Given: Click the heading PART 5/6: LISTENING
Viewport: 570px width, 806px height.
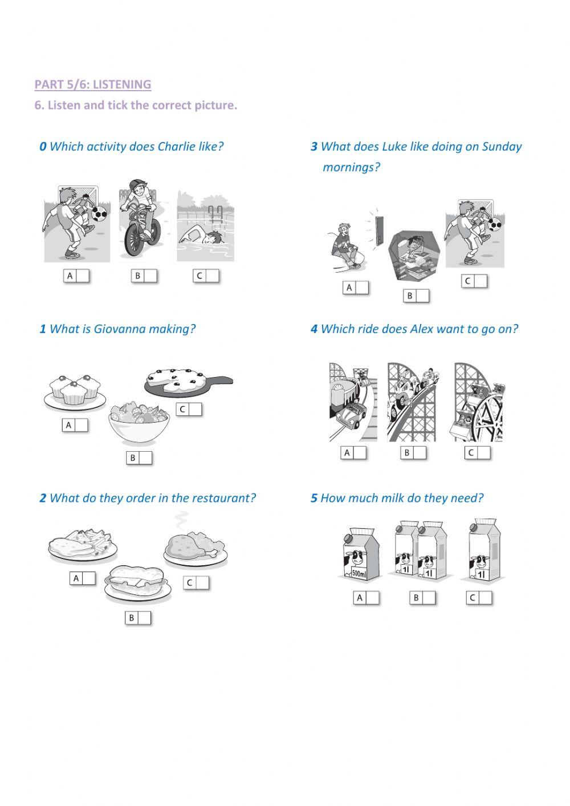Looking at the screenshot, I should click(93, 84).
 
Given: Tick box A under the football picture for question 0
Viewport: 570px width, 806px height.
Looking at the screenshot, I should click(83, 276).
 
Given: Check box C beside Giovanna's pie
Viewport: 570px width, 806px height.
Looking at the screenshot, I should click(196, 410).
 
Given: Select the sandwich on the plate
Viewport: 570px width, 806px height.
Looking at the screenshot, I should click(137, 582).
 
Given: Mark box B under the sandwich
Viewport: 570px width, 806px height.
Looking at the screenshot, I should click(144, 618).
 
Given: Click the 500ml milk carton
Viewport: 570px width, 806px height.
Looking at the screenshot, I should click(359, 556).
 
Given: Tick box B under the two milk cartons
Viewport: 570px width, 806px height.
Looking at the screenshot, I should click(428, 598).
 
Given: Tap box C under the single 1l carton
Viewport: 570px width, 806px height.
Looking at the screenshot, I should click(484, 598).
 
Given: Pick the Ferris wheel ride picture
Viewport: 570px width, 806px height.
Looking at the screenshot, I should click(478, 402).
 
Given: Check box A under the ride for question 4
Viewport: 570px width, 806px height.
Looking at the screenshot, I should click(360, 453).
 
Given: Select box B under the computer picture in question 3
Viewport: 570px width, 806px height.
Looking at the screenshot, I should click(422, 296).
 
